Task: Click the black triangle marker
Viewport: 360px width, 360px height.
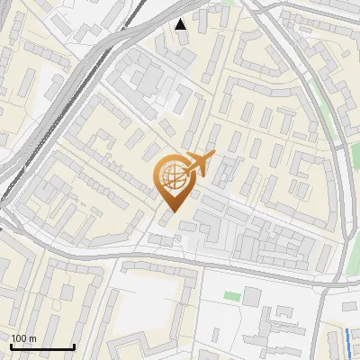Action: coord(182,24)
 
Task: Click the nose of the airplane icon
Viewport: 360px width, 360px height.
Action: coord(214,154)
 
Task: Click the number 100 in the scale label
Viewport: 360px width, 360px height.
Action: coord(19,338)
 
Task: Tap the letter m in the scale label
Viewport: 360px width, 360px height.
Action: coord(32,338)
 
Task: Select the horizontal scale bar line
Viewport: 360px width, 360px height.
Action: coord(42,347)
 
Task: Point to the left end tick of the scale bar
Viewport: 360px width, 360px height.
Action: coord(12,346)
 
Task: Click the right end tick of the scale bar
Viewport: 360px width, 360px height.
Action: coord(74,346)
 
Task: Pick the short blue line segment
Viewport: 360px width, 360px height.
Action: coord(349,341)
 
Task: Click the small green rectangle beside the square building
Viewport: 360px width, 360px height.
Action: coord(232,295)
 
